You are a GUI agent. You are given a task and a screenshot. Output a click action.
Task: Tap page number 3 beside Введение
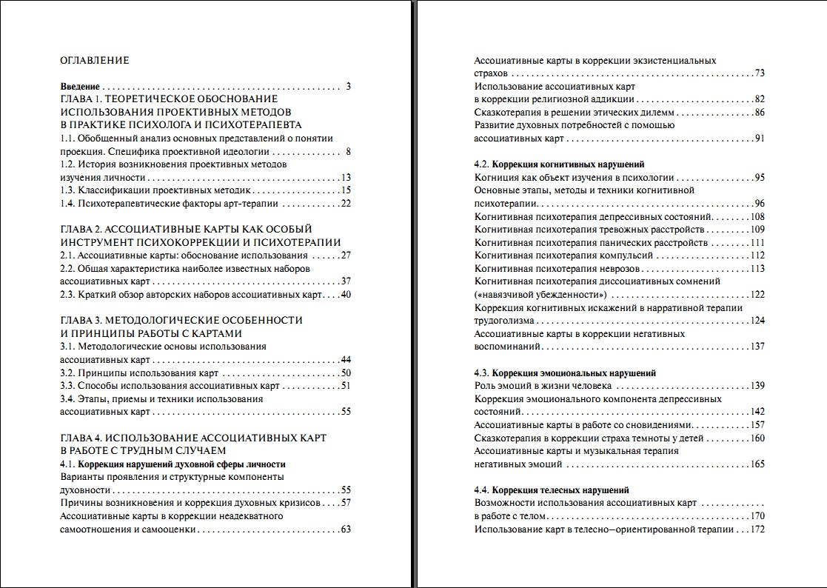(348, 86)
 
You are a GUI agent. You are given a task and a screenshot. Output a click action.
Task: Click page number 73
(760, 73)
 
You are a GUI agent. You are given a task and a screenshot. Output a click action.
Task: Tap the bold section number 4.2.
(482, 164)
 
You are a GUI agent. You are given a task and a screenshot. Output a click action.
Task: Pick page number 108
(757, 216)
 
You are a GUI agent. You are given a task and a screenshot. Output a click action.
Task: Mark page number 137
(757, 347)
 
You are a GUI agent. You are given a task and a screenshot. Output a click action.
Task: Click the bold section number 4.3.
(482, 373)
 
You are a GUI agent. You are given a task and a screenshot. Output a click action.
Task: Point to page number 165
(757, 464)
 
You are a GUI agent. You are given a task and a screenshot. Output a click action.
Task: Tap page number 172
(757, 529)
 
